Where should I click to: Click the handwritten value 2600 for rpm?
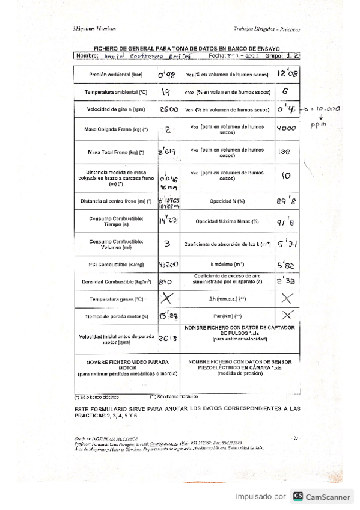[168, 111]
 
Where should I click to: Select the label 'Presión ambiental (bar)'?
[115, 76]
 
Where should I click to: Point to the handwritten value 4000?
[286, 128]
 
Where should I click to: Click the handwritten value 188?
[285, 153]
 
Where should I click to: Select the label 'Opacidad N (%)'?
[227, 201]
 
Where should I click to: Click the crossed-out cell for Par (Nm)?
[287, 315]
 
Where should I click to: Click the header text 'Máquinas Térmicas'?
[90, 29]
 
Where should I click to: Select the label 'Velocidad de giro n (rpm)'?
[115, 111]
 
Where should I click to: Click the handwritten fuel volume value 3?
[167, 244]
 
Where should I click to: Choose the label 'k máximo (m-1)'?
[227, 264]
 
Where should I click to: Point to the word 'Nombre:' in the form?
[87, 56]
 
